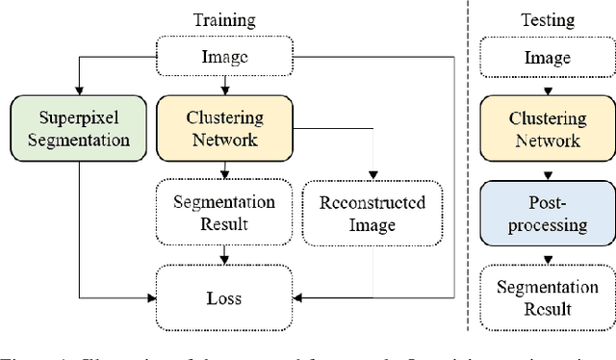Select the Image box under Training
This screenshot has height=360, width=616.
(224, 58)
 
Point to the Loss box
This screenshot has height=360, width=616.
(224, 297)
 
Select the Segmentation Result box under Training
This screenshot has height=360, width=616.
(224, 213)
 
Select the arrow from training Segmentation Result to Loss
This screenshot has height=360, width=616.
(224, 254)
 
